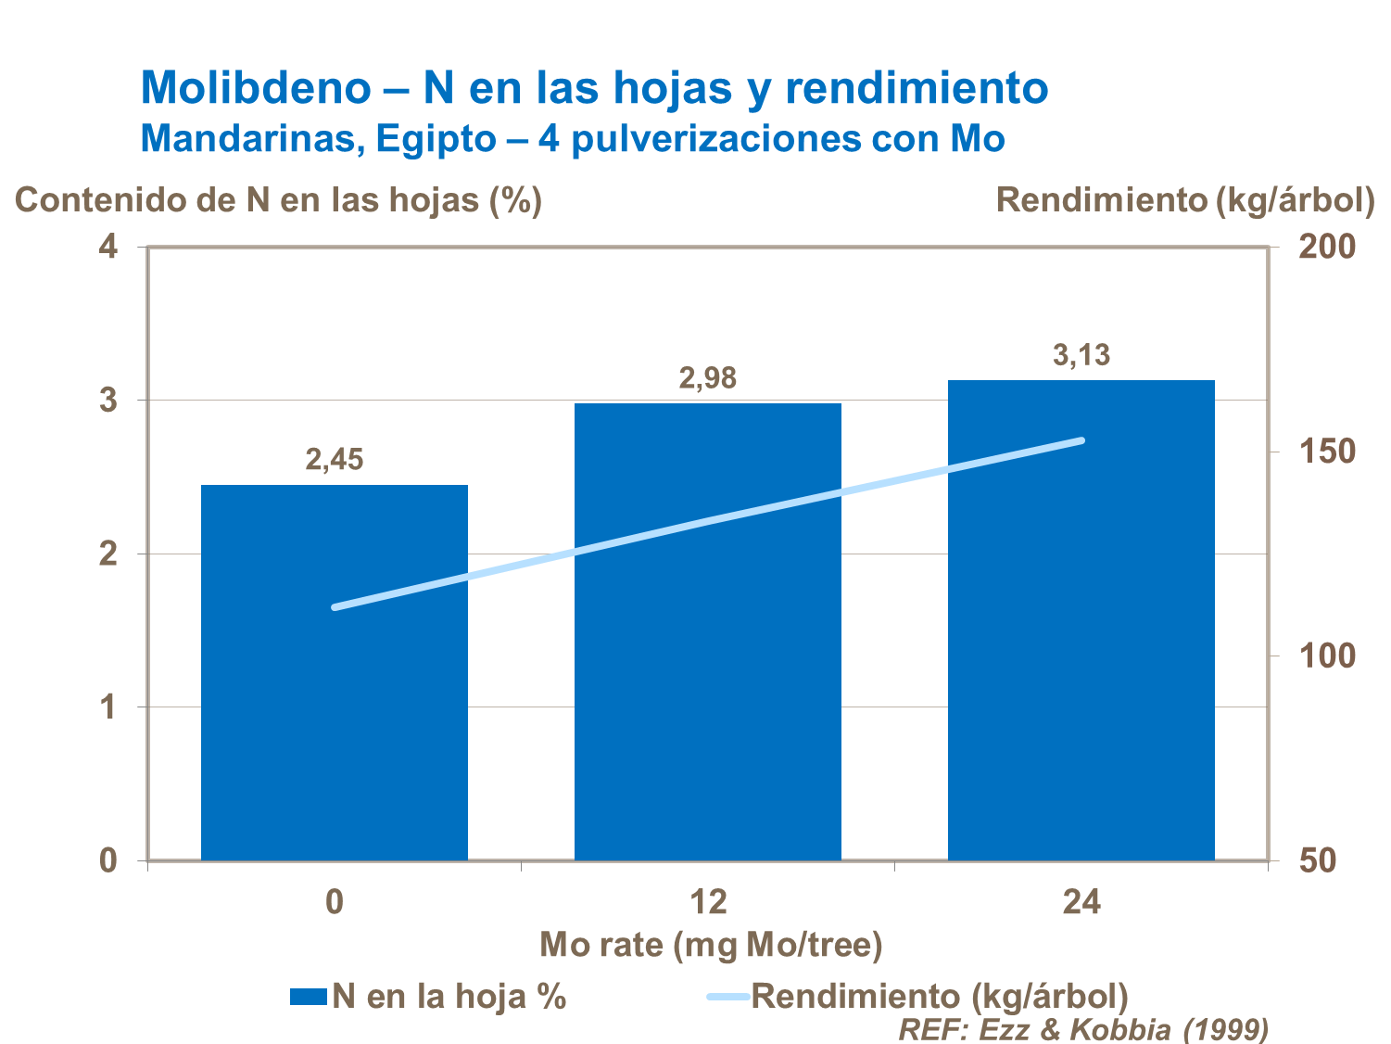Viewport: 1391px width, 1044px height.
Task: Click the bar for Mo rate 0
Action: (x=335, y=705)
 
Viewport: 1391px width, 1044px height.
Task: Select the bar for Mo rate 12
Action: (x=708, y=668)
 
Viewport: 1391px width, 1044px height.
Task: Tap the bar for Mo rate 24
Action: (x=1081, y=649)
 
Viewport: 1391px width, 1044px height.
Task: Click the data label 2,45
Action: (x=335, y=459)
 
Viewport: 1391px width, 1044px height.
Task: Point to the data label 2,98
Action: (x=708, y=377)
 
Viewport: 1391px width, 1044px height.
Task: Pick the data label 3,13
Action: (x=1081, y=355)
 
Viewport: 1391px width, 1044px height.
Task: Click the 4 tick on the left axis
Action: (x=109, y=247)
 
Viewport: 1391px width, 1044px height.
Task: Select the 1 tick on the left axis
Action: (x=109, y=707)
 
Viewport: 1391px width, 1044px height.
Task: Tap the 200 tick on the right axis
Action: (x=1326, y=247)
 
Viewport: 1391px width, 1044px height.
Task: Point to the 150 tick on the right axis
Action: (x=1326, y=452)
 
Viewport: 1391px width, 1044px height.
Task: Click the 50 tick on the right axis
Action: (x=1317, y=860)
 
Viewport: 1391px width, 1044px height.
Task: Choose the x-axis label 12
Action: (x=708, y=901)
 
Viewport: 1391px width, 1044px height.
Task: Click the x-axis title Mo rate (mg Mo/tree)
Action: (x=711, y=945)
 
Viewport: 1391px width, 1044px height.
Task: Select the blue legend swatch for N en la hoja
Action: (x=308, y=997)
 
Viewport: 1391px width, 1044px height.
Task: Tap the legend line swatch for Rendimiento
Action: (x=727, y=997)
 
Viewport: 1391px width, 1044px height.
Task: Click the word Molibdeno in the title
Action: (x=255, y=88)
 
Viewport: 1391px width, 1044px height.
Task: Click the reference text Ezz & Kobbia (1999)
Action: (x=1123, y=1029)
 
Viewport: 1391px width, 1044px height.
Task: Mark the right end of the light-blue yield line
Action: (x=1081, y=440)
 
